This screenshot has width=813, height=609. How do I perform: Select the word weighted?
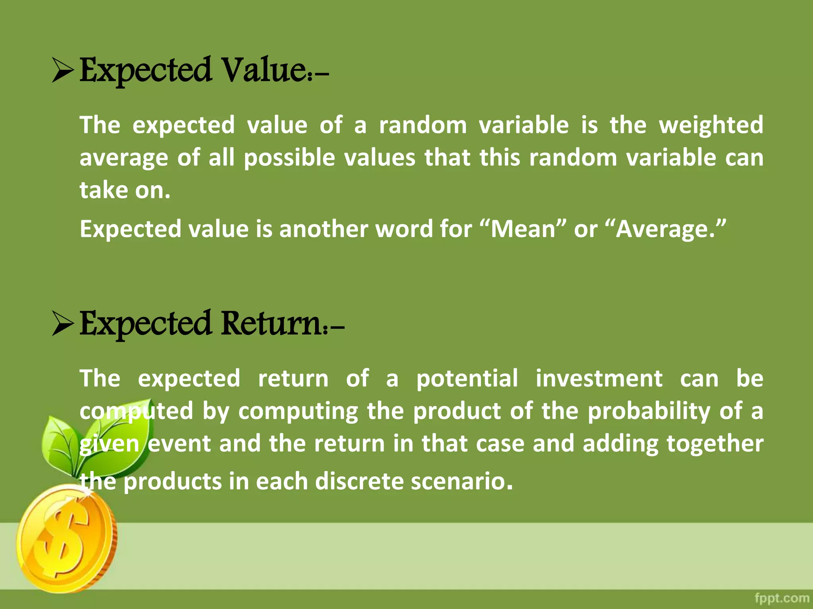coord(711,125)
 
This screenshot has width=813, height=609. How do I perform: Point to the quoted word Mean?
coord(523,230)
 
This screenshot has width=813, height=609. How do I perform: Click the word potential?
coord(467,379)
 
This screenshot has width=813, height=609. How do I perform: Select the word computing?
coord(298,411)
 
